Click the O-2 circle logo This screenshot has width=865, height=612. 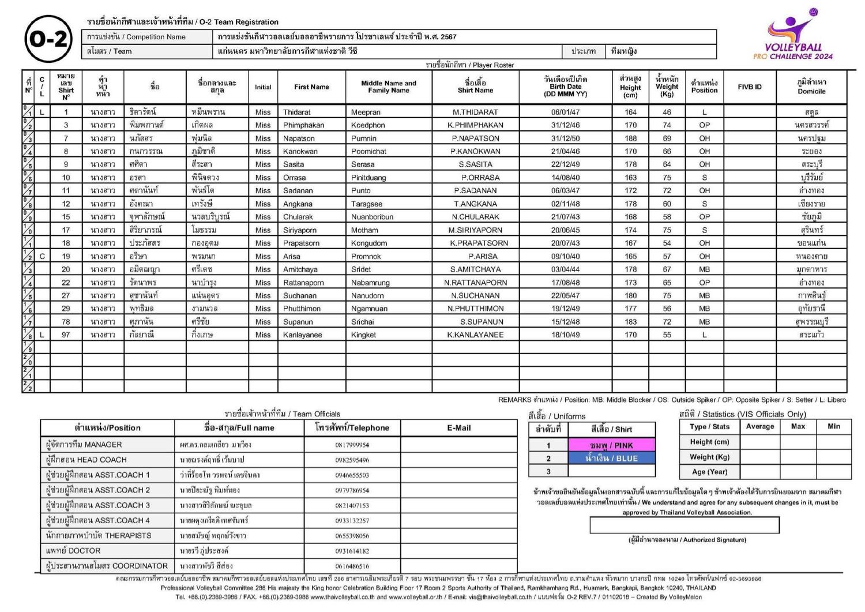[x=48, y=39]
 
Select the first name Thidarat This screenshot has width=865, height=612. [x=296, y=112]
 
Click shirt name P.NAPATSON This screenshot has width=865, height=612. [x=475, y=138]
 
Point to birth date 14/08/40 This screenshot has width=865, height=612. [x=565, y=178]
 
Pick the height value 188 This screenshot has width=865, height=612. [x=630, y=138]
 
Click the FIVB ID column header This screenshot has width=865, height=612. [x=749, y=87]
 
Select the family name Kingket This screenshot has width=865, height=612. [x=363, y=335]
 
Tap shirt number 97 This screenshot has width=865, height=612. [x=66, y=335]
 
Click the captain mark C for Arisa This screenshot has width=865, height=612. [x=42, y=256]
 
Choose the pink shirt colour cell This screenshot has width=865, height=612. [x=611, y=445]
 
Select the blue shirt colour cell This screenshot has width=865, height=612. [x=611, y=459]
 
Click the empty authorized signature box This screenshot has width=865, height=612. [x=684, y=525]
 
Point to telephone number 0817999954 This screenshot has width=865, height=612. [x=352, y=445]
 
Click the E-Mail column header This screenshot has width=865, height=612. [x=458, y=428]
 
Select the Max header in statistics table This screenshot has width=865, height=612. [x=798, y=426]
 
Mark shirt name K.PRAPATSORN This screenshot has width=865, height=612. [x=479, y=243]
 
